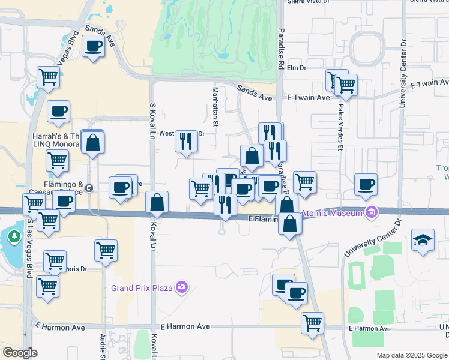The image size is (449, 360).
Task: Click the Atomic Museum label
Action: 331,212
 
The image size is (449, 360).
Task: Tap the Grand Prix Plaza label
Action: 142,288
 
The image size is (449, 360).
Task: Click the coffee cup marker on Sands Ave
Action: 93,46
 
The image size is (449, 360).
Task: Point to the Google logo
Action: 20,353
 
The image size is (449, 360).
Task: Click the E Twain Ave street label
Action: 308,97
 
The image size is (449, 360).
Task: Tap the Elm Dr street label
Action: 297,68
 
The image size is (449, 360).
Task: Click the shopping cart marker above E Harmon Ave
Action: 312,323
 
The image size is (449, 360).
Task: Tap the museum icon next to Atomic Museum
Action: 371,212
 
